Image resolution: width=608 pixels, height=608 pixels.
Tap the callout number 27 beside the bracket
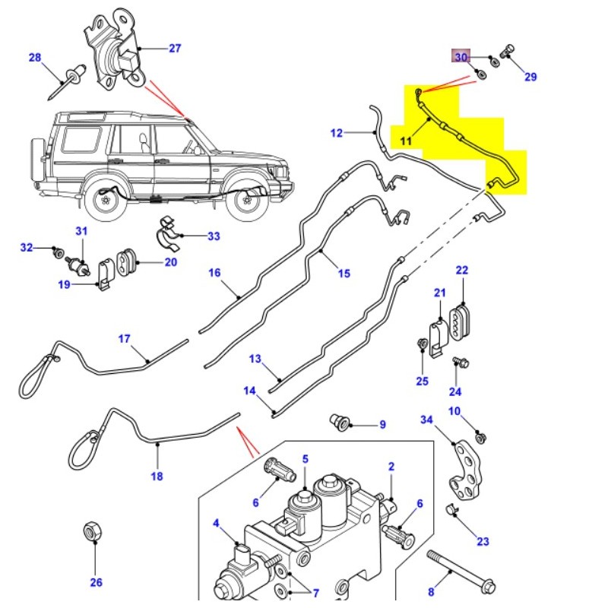pos(175,49)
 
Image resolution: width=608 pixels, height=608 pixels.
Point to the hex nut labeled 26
pos(95,531)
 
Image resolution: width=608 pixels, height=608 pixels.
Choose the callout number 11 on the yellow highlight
pos(405,141)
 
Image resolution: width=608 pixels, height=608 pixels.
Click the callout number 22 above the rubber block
pos(462,271)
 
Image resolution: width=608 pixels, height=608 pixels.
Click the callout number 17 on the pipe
pos(125,338)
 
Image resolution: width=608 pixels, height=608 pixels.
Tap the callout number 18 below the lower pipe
pos(157,477)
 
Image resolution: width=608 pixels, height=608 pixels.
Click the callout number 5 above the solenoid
pos(306,459)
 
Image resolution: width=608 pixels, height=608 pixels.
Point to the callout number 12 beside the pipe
pos(337,134)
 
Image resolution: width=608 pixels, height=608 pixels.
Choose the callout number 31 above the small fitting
pos(81,231)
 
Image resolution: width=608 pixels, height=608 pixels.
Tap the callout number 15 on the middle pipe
pos(344,273)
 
